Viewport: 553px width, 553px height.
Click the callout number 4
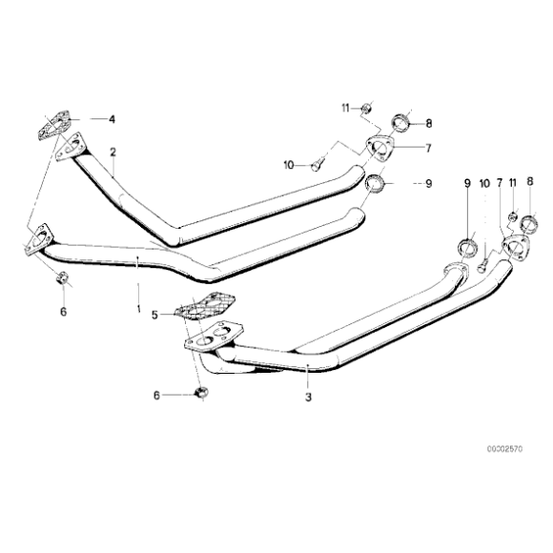(x=112, y=119)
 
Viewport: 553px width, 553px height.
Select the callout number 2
(x=113, y=152)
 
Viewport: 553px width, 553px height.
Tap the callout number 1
(x=138, y=309)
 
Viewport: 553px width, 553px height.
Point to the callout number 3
(x=308, y=398)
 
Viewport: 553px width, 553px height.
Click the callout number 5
(x=154, y=315)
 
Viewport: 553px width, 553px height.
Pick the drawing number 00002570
(x=505, y=449)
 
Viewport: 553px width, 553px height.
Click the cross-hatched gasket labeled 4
(x=53, y=126)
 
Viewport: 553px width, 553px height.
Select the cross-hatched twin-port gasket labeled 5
(x=206, y=306)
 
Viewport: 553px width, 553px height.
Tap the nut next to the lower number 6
(x=201, y=392)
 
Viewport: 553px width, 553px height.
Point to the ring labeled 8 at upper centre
(x=400, y=123)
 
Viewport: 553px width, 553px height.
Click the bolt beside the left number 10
(x=317, y=165)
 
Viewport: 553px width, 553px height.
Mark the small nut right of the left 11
(x=366, y=109)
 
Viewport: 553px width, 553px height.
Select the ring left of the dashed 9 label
(x=374, y=184)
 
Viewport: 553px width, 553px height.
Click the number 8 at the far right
(x=530, y=181)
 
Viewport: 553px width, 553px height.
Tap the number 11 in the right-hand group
(x=512, y=183)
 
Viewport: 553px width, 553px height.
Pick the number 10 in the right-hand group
(x=484, y=183)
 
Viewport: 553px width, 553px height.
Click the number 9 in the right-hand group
(x=467, y=183)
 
